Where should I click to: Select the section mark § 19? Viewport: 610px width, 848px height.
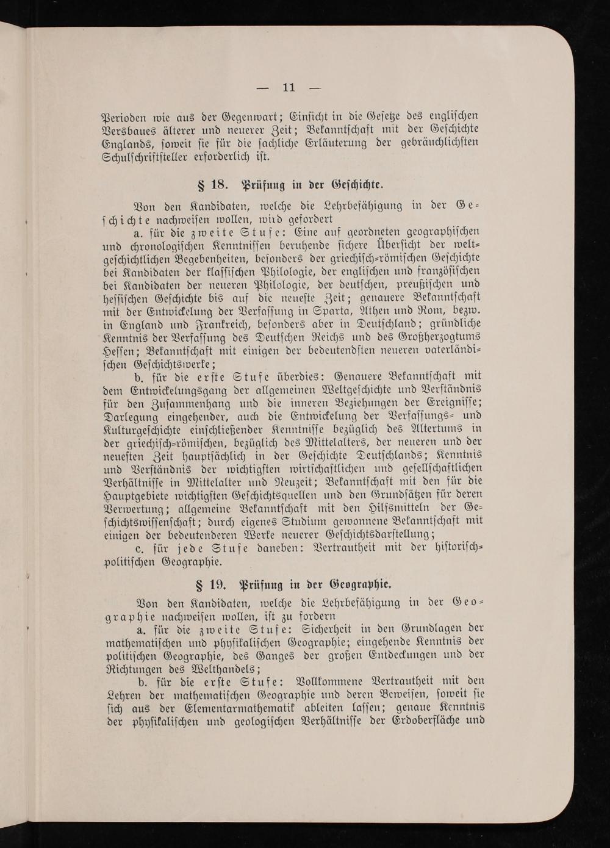(210, 586)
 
